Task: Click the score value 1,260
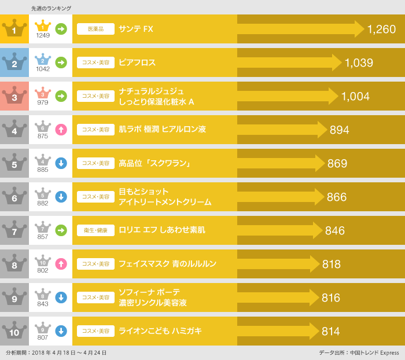[x=381, y=29]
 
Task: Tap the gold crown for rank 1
[x=14, y=29]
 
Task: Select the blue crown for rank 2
[x=14, y=63]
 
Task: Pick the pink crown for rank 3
[x=14, y=96]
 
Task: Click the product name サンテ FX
[x=136, y=29]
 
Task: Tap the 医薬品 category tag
[x=95, y=29]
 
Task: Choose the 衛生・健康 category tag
[x=95, y=230]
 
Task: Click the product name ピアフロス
[x=137, y=63]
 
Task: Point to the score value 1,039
[x=359, y=63]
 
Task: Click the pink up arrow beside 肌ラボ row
[x=61, y=130]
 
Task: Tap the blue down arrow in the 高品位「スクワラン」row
[x=61, y=163]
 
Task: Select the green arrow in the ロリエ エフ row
[x=61, y=230]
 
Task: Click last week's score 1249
[x=43, y=35]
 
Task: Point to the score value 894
[x=340, y=130]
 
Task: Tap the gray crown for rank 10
[x=14, y=331]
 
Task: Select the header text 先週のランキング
[x=51, y=9]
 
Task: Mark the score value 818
[x=332, y=265]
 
